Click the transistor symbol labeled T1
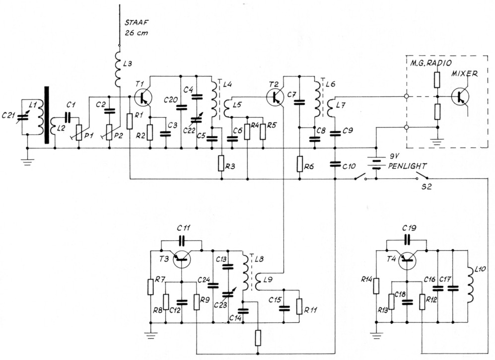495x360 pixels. tap(142, 96)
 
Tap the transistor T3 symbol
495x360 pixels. tap(183, 258)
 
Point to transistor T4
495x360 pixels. tap(408, 258)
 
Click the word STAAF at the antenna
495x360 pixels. tap(136, 22)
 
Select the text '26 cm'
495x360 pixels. tap(137, 33)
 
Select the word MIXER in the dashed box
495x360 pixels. tap(464, 74)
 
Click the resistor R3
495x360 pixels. tap(220, 163)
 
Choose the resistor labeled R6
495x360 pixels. tap(299, 163)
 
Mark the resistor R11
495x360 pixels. tap(299, 305)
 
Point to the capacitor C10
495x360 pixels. tap(336, 164)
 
